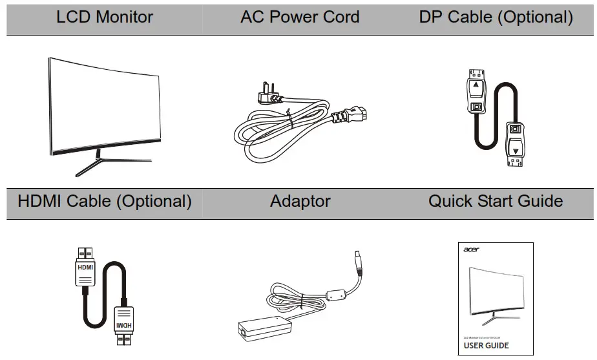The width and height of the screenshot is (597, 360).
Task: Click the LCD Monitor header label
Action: click(x=105, y=17)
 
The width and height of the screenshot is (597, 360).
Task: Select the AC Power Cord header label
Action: click(x=300, y=17)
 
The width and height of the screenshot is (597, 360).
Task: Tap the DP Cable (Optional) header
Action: click(x=496, y=17)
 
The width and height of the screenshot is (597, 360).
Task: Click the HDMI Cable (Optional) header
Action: click(x=105, y=201)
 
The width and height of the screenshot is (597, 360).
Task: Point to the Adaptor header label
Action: click(x=300, y=201)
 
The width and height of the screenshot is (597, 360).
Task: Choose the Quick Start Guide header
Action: click(x=496, y=201)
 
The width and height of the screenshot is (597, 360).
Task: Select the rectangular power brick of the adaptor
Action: click(x=258, y=329)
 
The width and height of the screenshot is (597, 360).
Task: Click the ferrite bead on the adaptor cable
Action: click(x=335, y=295)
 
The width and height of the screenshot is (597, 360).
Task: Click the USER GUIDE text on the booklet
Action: click(x=486, y=346)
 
